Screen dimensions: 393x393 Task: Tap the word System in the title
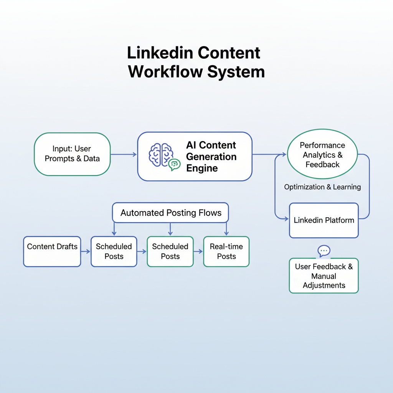pos(239,72)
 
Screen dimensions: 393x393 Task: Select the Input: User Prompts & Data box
pos(72,154)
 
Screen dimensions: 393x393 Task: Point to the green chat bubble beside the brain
pos(174,164)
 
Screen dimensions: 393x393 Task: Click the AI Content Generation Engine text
pos(211,157)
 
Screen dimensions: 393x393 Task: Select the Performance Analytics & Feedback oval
pos(322,154)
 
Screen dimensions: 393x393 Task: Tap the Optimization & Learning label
pos(322,187)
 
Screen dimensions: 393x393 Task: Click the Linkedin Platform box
pos(324,220)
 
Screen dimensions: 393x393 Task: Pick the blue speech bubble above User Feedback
pos(324,251)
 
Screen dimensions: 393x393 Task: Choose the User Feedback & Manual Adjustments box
pos(324,276)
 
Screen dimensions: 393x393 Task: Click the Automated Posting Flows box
pos(171,213)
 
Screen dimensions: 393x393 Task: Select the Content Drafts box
pos(52,251)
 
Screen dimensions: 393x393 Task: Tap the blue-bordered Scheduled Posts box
pos(114,251)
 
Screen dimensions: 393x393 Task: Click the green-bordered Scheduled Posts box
pos(170,251)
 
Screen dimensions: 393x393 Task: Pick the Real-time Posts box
pos(226,251)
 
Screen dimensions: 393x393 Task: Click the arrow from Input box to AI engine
pos(124,154)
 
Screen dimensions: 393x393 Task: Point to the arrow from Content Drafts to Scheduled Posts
pos(86,251)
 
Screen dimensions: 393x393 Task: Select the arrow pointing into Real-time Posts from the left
pos(198,251)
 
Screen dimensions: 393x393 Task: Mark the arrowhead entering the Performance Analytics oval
pos(284,154)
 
